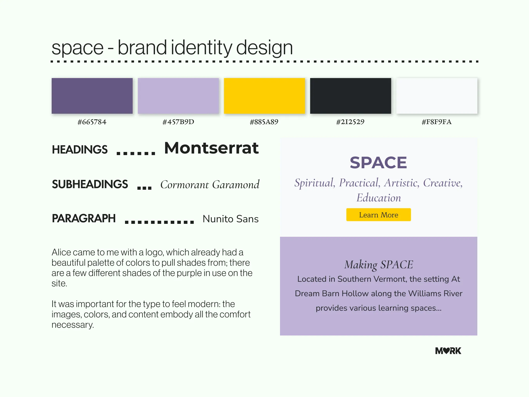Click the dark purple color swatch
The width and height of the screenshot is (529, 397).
pos(92,96)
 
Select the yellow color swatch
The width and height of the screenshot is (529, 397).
pos(264,96)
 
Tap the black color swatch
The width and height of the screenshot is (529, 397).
pos(351,96)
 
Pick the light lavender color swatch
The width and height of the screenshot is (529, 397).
pos(178,96)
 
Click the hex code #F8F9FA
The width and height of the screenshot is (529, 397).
pos(437,122)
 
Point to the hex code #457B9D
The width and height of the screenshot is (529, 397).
pos(178,122)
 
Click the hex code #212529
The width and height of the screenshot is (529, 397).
pos(350,122)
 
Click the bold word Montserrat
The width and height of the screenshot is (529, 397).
pos(212,148)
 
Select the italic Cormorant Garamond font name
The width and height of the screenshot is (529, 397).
pos(210,185)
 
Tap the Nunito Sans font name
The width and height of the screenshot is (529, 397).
pos(231,219)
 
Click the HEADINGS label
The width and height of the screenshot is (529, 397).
pos(80,150)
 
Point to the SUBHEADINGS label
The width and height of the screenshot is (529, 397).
pos(90,184)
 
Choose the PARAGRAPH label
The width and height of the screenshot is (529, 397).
pos(84,218)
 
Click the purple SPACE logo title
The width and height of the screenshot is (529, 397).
pos(378,163)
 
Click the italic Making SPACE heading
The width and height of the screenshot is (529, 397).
pos(379,265)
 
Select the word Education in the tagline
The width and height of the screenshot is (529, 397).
pos(379,198)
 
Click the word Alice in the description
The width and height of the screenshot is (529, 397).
pos(62,252)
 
